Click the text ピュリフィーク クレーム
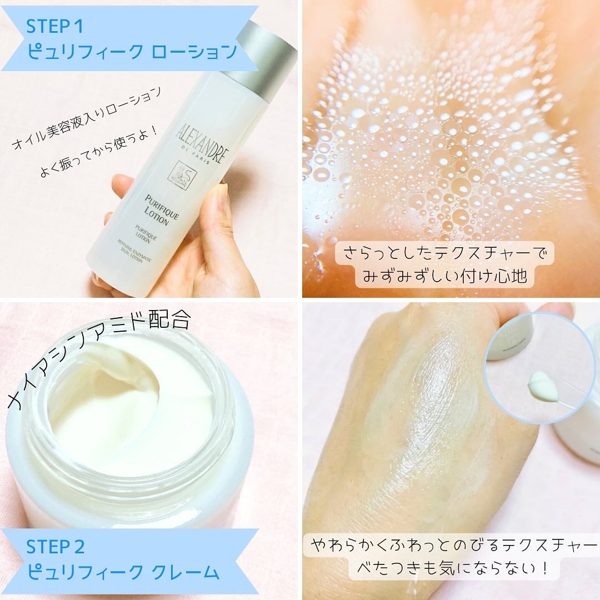(x=122, y=571)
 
